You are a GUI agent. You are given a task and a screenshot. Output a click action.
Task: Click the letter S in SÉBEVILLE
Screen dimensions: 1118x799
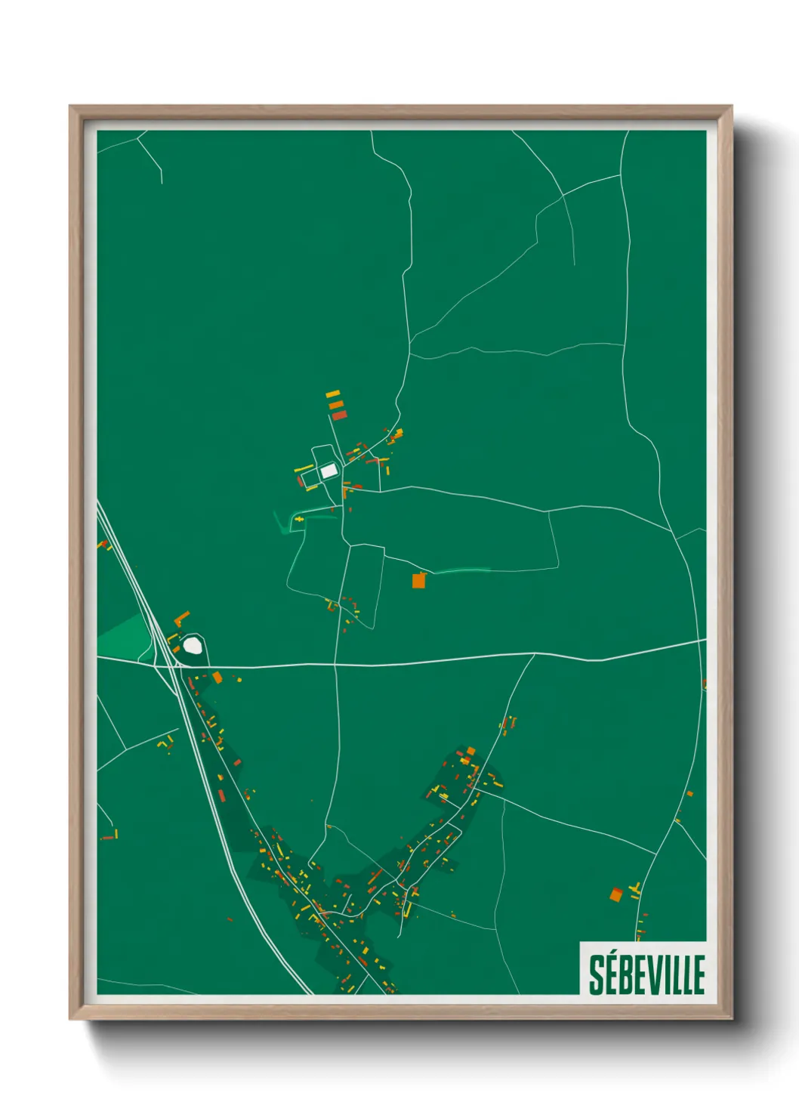coord(597,975)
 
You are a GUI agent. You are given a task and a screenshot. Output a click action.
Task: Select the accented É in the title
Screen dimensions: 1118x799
coord(611,974)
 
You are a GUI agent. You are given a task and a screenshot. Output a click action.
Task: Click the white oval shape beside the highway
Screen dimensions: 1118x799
coord(193,645)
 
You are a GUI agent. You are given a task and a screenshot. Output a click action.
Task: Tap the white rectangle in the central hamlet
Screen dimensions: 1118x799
coord(328,471)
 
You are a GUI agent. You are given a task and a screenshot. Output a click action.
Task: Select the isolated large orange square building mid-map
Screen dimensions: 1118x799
coord(418,580)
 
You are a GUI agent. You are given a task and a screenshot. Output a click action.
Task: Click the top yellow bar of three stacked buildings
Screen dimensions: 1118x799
coord(332,394)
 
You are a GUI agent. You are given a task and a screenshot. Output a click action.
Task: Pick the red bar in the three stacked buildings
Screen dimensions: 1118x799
coord(339,415)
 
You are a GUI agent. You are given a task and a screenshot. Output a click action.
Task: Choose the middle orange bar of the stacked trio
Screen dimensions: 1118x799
coord(336,404)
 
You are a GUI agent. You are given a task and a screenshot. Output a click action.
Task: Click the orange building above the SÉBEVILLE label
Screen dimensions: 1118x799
coord(616,895)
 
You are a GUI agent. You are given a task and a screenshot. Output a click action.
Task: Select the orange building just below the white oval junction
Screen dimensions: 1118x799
coord(217,677)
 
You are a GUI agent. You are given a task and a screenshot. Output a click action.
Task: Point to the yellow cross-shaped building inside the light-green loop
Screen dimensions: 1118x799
coord(299,520)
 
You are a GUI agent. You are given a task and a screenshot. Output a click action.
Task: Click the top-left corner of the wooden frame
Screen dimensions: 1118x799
coord(70,107)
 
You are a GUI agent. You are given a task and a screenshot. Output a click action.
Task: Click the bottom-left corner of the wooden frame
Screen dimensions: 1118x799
coord(70,1019)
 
